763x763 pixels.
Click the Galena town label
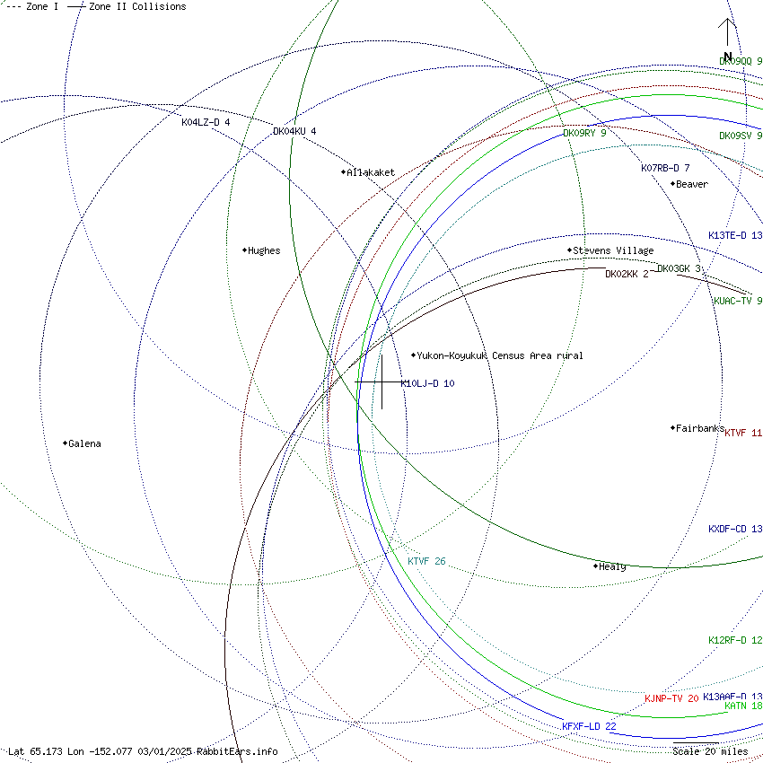click(x=84, y=443)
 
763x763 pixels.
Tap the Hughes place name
click(x=263, y=251)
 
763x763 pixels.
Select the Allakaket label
click(x=370, y=172)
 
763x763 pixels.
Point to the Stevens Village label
click(x=613, y=250)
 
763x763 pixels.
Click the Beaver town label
click(x=691, y=185)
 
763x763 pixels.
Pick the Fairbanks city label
click(x=699, y=429)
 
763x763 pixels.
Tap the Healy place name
click(x=612, y=566)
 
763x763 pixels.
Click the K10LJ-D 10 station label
click(x=427, y=383)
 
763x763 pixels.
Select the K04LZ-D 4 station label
click(x=206, y=122)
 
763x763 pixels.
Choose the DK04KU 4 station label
click(x=294, y=131)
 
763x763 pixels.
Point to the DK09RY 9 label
click(x=584, y=133)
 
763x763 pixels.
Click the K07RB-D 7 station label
click(x=665, y=168)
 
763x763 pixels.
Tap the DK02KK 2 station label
click(x=627, y=274)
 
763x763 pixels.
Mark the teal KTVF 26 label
click(x=426, y=561)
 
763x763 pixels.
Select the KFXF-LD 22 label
click(x=589, y=726)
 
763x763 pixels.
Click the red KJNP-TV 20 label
click(x=671, y=698)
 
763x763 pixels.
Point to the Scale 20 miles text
click(x=710, y=751)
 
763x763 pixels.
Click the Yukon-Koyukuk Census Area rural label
click(x=499, y=355)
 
